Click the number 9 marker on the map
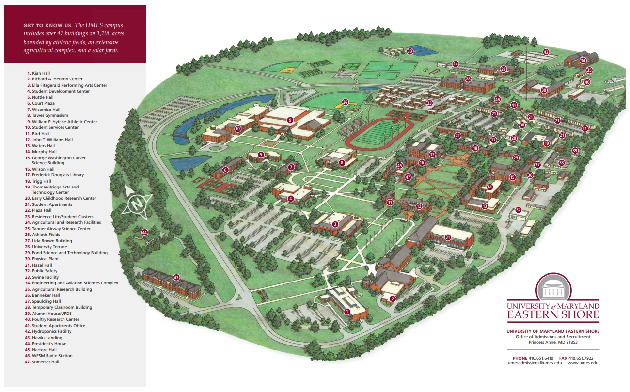tap(290, 119)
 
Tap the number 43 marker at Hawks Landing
tap(176, 278)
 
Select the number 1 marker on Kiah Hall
tap(347, 312)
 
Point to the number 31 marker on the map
tap(448, 237)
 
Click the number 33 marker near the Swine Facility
tap(410, 51)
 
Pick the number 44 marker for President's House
tap(144, 233)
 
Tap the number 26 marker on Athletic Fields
tap(345, 102)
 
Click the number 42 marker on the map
tap(546, 52)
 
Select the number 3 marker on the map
tap(335, 224)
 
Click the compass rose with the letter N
tap(138, 203)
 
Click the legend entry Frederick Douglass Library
tap(58, 175)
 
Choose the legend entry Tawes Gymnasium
tap(50, 115)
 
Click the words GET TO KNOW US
tap(47, 25)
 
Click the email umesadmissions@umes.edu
tap(532, 363)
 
